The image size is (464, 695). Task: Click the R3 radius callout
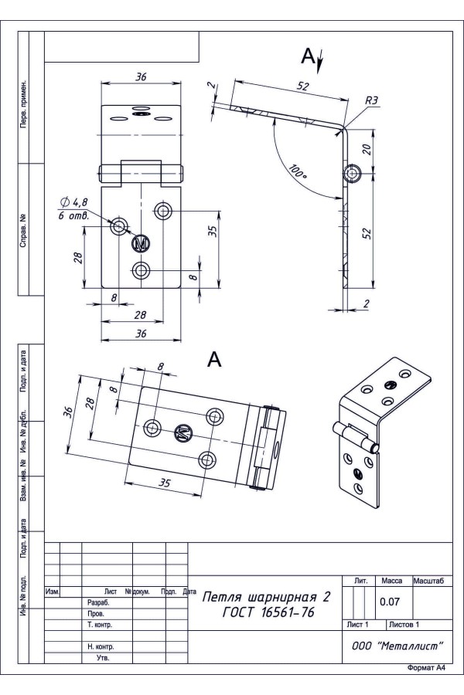click(371, 100)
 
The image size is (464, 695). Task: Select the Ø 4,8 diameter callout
click(73, 202)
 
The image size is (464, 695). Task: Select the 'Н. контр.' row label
click(101, 646)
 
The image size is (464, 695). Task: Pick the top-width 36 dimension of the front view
click(141, 76)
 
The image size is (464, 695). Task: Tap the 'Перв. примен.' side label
click(26, 103)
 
